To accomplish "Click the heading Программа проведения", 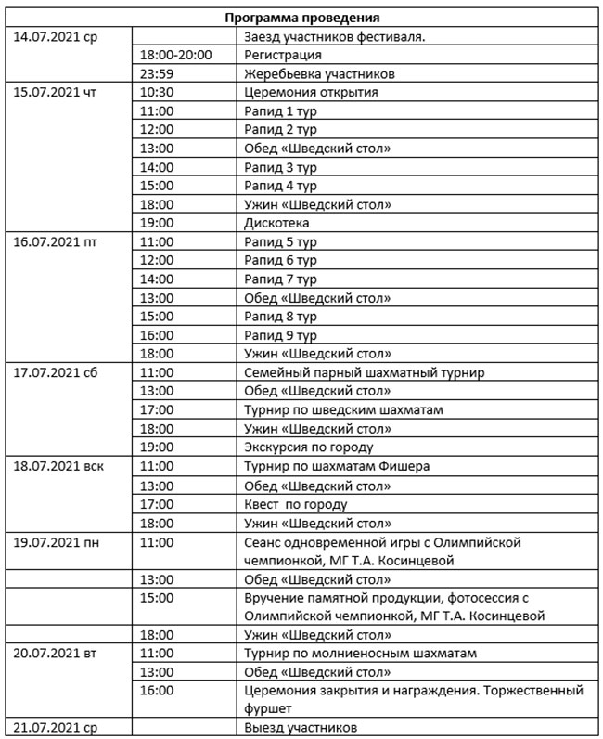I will pyautogui.click(x=302, y=17).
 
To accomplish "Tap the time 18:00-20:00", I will pyautogui.click(x=175, y=55).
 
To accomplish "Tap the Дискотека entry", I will pyautogui.click(x=276, y=223).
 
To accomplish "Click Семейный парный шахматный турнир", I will pyautogui.click(x=367, y=372).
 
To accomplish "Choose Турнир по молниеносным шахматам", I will pyautogui.click(x=360, y=653).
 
